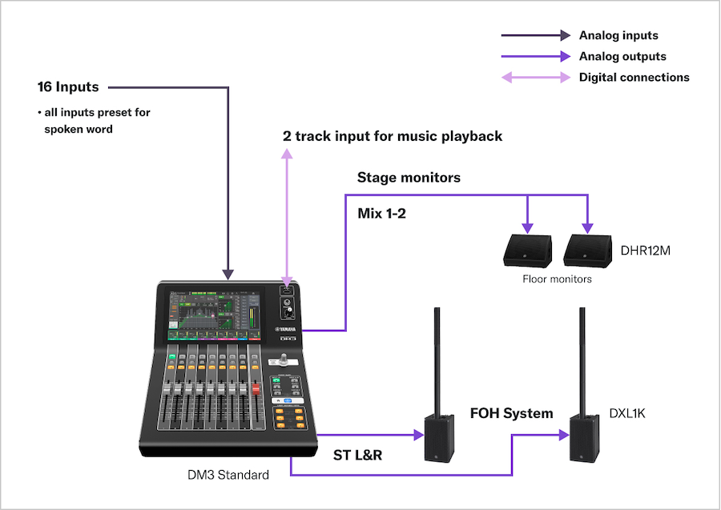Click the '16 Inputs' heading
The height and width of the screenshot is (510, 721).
tap(67, 86)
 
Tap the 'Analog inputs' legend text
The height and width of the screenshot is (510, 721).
tap(618, 35)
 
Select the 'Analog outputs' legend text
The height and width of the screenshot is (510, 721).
tap(622, 57)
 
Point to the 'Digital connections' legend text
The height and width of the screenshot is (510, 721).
tap(634, 78)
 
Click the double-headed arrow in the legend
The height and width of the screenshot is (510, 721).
tap(535, 78)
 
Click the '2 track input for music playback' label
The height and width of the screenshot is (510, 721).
tap(393, 136)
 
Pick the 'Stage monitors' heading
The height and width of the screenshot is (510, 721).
tap(409, 178)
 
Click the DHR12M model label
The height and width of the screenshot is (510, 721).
tap(645, 251)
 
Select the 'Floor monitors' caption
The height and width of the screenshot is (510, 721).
tap(557, 279)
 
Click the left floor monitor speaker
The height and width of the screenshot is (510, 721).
tap(526, 249)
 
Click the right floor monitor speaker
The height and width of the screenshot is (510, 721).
tap(587, 249)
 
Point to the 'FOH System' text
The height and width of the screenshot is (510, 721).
tap(511, 414)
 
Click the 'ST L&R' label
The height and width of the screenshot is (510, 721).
tap(357, 455)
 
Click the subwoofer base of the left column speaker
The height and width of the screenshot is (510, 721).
tap(443, 439)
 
